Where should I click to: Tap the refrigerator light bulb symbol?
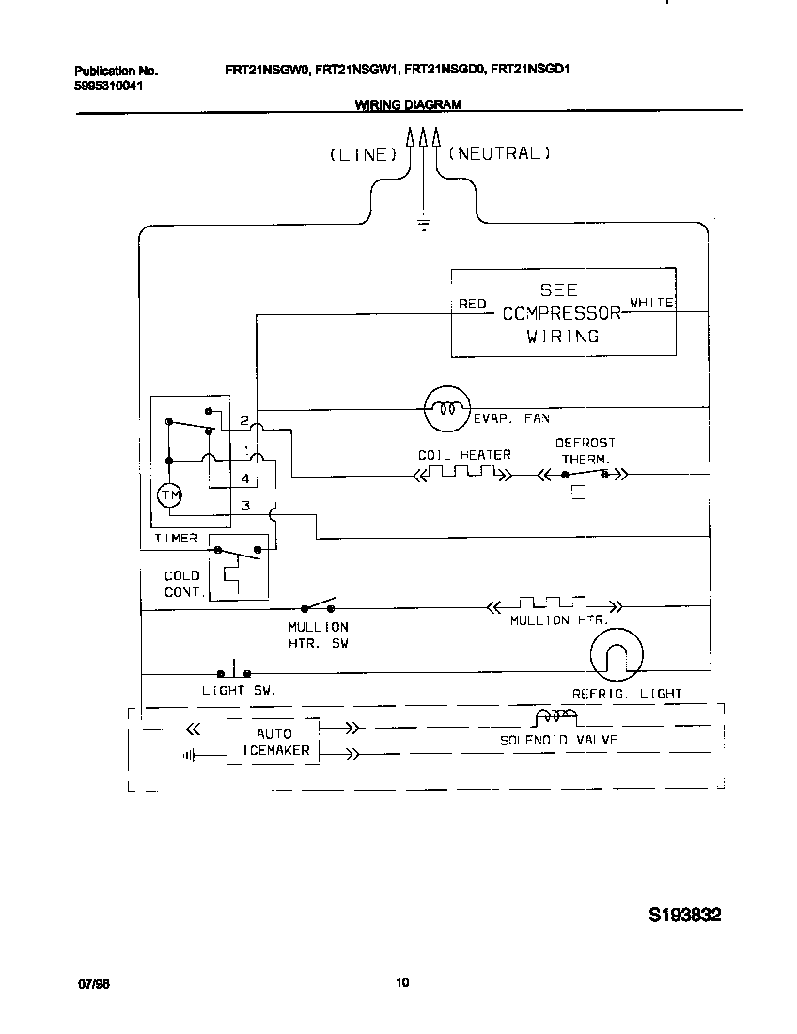click(x=617, y=655)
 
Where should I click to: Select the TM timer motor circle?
click(x=170, y=495)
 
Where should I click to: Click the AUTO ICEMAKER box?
click(x=273, y=743)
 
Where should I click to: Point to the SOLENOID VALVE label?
click(x=558, y=740)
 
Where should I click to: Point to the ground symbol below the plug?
click(x=423, y=224)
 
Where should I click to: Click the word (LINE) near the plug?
click(x=358, y=155)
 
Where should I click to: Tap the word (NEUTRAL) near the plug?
click(x=498, y=153)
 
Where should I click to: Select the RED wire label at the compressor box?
click(x=472, y=304)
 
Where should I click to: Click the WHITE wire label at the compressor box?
click(x=651, y=303)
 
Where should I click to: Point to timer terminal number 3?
click(x=245, y=506)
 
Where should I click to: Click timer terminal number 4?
click(x=244, y=478)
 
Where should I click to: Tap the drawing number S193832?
click(x=684, y=915)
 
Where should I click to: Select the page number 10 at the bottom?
click(x=402, y=983)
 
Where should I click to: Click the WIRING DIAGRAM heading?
click(x=408, y=105)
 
